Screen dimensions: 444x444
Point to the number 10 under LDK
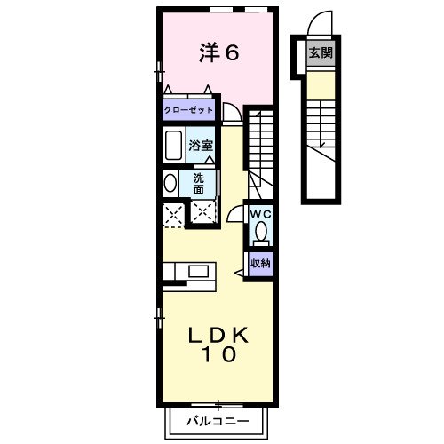218,356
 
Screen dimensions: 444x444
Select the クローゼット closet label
188,110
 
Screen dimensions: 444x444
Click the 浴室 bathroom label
200,145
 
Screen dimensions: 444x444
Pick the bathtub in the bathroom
173,145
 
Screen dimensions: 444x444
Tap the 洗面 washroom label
200,183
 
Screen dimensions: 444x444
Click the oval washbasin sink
170,183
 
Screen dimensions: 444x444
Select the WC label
260,214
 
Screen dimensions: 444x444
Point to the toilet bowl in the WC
260,233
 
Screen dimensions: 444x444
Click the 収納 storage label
260,263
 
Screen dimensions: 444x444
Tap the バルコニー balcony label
217,421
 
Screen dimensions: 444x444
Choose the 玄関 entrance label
321,53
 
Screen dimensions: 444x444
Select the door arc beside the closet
231,112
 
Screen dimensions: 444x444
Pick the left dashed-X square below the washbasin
172,213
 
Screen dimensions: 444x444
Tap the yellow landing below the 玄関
321,84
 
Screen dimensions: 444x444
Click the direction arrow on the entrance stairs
321,142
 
